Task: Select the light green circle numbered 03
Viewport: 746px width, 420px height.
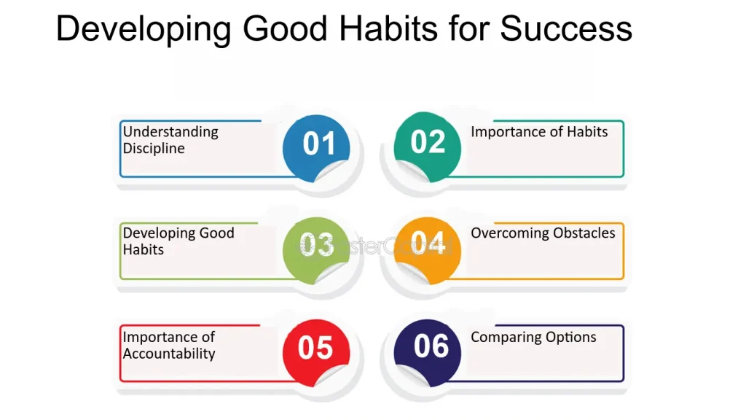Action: pos(316,247)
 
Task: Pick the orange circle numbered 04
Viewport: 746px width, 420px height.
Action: pos(428,245)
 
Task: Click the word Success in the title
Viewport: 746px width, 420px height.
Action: pos(566,29)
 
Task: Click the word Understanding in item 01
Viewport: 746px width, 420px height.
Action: pos(170,132)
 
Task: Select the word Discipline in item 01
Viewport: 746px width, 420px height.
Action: pos(154,149)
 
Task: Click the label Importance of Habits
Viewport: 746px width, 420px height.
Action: pos(539,132)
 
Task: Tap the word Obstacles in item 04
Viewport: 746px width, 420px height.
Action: pos(584,233)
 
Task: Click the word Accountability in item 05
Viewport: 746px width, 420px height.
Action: pos(169,354)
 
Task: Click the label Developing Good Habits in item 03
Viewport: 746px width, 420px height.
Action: pos(178,241)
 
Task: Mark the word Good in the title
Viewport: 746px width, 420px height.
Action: pos(279,29)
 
